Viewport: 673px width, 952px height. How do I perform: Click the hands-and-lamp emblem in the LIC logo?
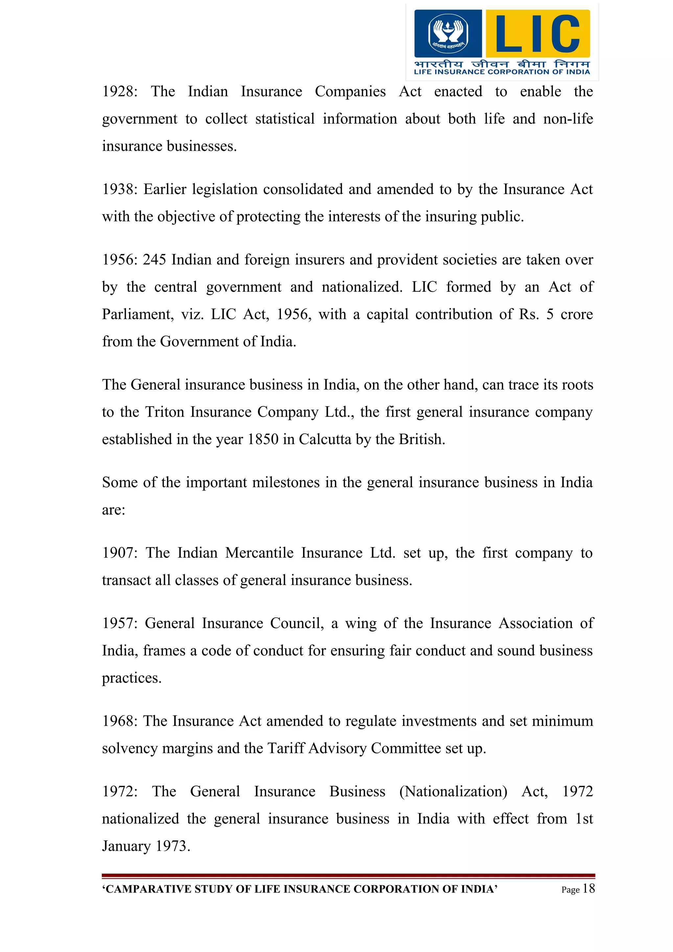448,33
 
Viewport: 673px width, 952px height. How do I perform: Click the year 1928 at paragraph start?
118,91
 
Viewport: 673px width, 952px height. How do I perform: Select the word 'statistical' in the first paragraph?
285,119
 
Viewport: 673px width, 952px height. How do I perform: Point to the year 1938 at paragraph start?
118,189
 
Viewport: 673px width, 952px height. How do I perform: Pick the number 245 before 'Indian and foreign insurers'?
154,260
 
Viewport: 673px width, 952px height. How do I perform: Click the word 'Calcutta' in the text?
325,440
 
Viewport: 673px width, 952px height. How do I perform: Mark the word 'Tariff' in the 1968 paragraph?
286,748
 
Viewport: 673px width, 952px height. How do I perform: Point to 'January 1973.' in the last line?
146,846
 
